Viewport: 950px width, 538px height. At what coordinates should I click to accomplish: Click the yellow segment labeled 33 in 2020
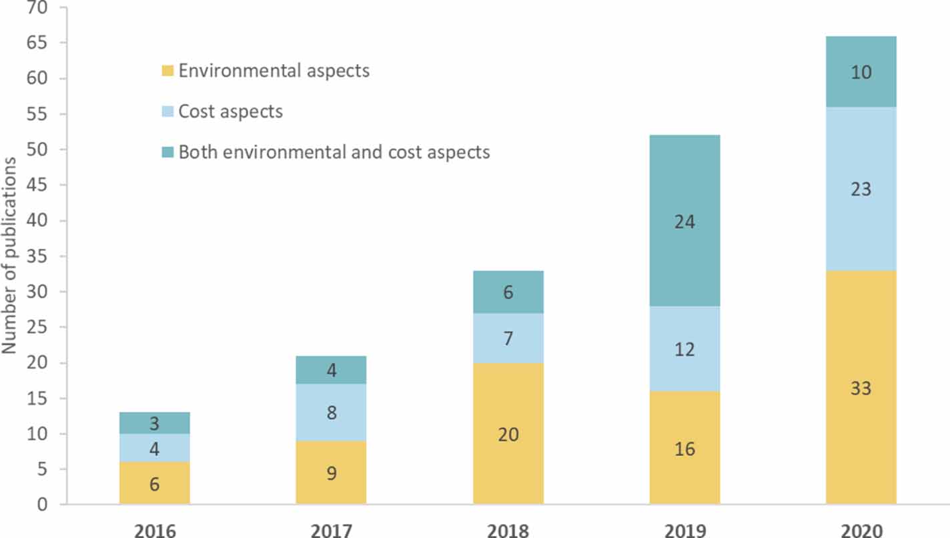coord(861,387)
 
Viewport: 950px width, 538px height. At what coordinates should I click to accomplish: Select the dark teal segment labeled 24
coord(684,221)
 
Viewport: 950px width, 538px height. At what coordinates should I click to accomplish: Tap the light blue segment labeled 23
coord(861,189)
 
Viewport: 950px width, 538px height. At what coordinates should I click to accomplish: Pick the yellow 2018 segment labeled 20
coord(508,434)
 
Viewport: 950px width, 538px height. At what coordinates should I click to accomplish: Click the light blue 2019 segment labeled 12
coord(684,349)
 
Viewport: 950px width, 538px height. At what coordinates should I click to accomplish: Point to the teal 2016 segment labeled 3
coord(155,423)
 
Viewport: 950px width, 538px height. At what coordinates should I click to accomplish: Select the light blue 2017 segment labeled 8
coord(332,413)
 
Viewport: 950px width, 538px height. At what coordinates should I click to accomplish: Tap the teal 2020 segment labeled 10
coord(861,71)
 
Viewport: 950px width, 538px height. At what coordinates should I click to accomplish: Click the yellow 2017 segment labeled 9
coord(332,473)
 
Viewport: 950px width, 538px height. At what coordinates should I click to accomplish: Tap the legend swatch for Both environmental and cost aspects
coord(167,153)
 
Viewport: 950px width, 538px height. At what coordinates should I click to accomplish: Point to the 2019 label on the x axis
coord(684,531)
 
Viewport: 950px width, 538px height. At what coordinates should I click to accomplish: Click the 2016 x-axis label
coord(155,531)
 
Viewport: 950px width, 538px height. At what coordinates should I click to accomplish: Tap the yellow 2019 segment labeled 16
coord(684,449)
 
